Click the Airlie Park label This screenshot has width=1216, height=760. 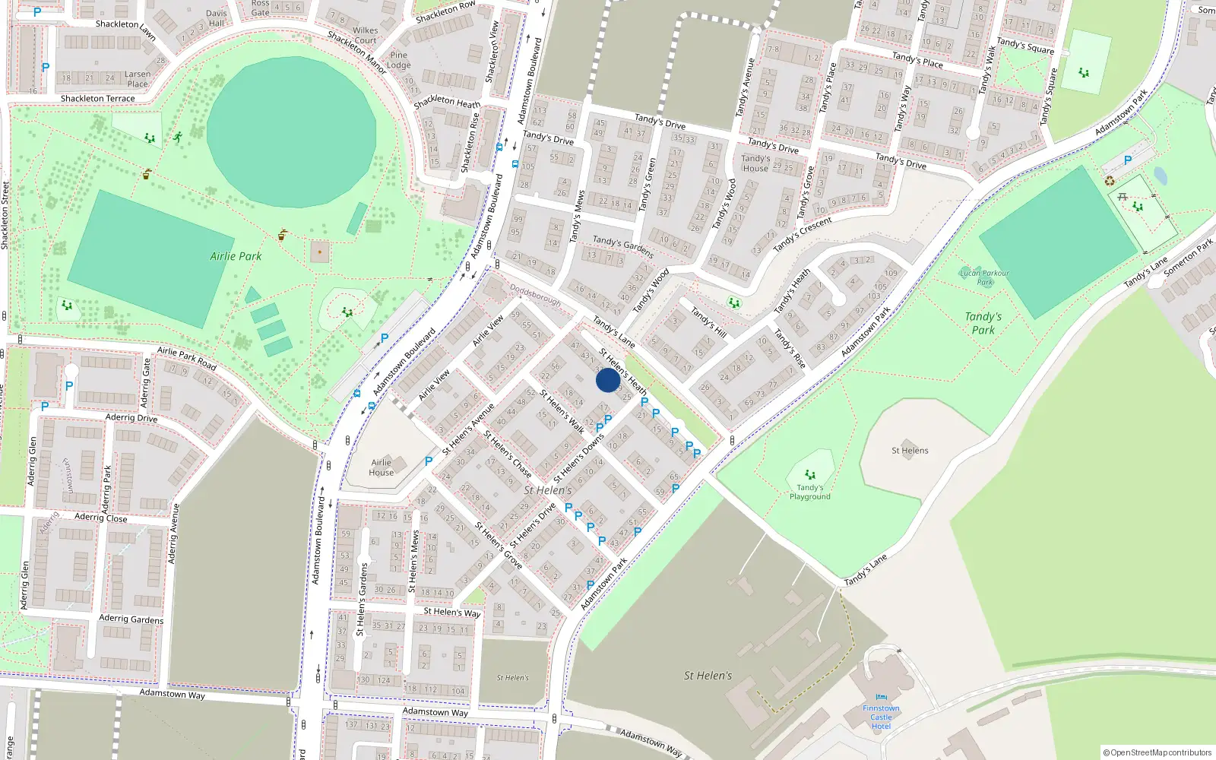(236, 256)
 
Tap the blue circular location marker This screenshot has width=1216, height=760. (607, 380)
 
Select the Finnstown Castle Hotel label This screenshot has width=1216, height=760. (881, 717)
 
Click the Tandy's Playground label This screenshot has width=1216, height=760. (809, 492)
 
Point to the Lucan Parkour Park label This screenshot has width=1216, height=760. (984, 277)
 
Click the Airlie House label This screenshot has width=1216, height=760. (382, 467)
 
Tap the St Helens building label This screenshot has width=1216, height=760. (910, 451)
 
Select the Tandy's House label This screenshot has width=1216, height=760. (755, 163)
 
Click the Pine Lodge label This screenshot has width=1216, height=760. (398, 60)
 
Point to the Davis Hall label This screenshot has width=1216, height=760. (217, 18)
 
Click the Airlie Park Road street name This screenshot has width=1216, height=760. (187, 358)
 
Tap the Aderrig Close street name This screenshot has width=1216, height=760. (101, 518)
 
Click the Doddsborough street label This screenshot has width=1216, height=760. (535, 295)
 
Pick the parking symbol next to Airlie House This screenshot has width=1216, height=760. (429, 461)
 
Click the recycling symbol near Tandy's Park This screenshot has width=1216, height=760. (1110, 181)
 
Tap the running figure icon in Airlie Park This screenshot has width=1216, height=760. (177, 138)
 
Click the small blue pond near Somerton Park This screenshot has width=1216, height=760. (1160, 176)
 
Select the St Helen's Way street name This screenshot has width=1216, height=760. (451, 612)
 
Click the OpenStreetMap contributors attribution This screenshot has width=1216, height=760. (1157, 752)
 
